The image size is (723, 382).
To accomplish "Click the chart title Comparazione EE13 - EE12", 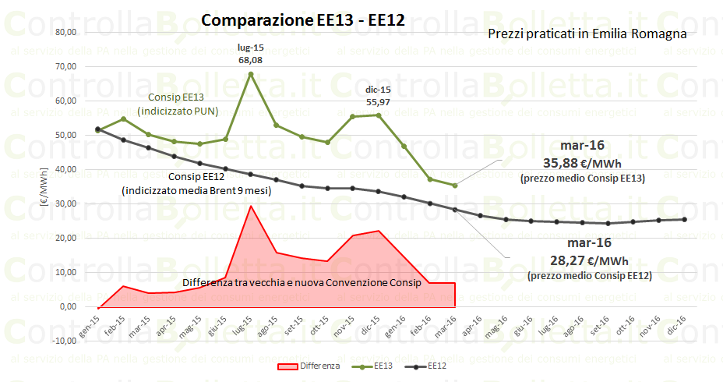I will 302,20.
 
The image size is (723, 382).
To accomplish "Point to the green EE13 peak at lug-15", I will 250,74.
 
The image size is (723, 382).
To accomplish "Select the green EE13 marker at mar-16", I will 454,185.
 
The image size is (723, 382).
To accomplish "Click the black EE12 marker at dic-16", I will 684,219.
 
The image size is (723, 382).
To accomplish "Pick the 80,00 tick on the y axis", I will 65,32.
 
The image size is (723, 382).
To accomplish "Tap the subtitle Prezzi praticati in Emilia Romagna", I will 587,34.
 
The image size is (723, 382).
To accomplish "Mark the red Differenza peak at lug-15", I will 250,206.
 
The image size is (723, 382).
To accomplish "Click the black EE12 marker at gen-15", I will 97,129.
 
